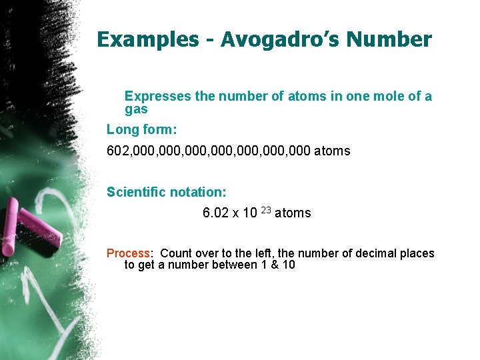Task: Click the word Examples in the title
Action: [x=147, y=40]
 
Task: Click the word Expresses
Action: [x=158, y=96]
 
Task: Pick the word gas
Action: [x=136, y=110]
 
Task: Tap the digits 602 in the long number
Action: [x=117, y=151]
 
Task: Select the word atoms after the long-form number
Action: [x=332, y=151]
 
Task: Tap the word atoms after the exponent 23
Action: [x=293, y=213]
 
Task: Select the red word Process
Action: [x=129, y=253]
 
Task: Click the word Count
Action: [x=175, y=253]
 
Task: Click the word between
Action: [x=237, y=265]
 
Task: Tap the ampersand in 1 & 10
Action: [x=273, y=265]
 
